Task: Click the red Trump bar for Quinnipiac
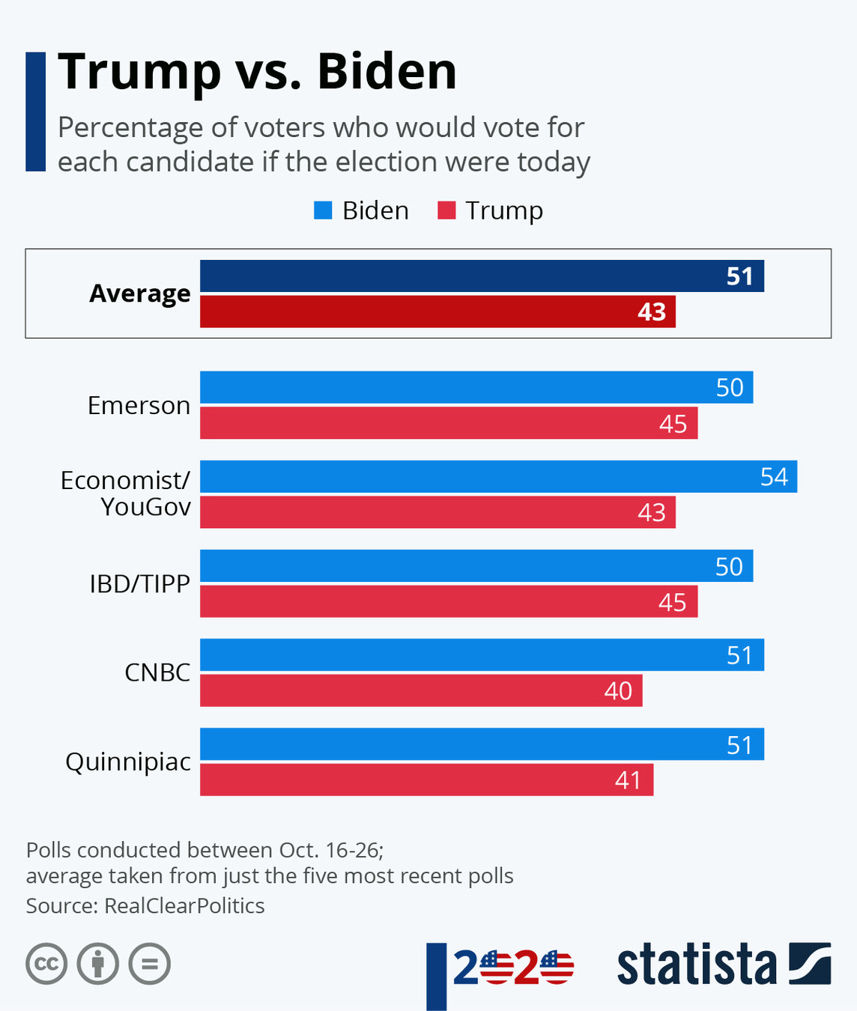(426, 780)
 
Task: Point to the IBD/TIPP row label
(139, 583)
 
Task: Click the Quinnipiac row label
(128, 762)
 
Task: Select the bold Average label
(140, 294)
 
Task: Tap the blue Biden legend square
(323, 210)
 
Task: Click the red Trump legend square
(446, 210)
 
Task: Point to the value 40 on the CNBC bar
(618, 690)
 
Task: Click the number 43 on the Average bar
(652, 312)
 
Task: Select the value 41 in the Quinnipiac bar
(628, 780)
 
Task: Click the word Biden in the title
(387, 72)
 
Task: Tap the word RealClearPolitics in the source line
(184, 905)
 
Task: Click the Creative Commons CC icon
(46, 963)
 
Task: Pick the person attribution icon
(98, 963)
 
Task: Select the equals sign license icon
(150, 963)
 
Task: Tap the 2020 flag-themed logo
(513, 968)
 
